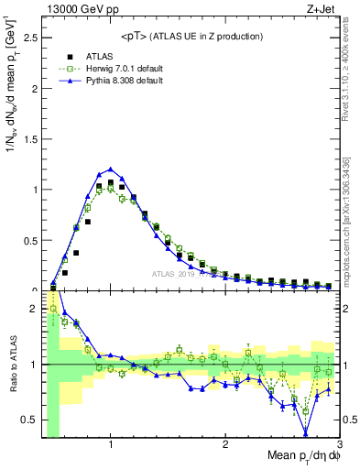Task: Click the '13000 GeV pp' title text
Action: (x=76, y=9)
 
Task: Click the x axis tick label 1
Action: (x=111, y=444)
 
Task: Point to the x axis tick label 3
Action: (x=340, y=444)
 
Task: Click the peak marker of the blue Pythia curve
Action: (x=111, y=169)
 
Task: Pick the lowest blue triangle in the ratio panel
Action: (x=306, y=432)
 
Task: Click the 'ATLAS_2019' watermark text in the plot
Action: (x=171, y=273)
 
